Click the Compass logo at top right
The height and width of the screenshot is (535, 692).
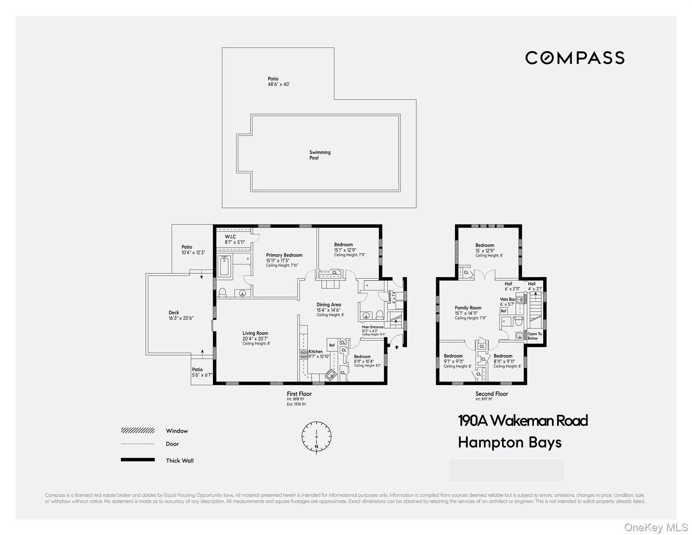click(574, 58)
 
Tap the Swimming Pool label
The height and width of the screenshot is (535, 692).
click(320, 155)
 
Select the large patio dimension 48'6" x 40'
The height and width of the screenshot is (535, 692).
click(278, 84)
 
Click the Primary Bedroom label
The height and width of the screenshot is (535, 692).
click(284, 255)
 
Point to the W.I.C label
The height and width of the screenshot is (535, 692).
click(230, 237)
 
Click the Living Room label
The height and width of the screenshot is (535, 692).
click(255, 333)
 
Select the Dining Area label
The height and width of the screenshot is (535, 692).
click(329, 304)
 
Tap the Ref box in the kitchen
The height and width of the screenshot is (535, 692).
click(332, 345)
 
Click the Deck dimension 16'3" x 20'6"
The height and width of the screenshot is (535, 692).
click(181, 318)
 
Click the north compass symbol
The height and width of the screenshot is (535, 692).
click(316, 437)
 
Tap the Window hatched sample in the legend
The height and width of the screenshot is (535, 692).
click(137, 431)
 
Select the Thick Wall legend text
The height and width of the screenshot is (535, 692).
click(180, 460)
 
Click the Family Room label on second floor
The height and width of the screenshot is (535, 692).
click(468, 308)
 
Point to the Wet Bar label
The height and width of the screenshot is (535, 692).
click(508, 299)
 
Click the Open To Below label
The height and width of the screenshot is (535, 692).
click(535, 336)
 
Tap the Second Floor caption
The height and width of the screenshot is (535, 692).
click(492, 394)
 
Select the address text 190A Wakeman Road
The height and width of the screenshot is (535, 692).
click(522, 421)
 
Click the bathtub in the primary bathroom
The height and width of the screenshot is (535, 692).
click(225, 267)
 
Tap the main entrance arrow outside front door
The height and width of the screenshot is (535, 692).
click(396, 347)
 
